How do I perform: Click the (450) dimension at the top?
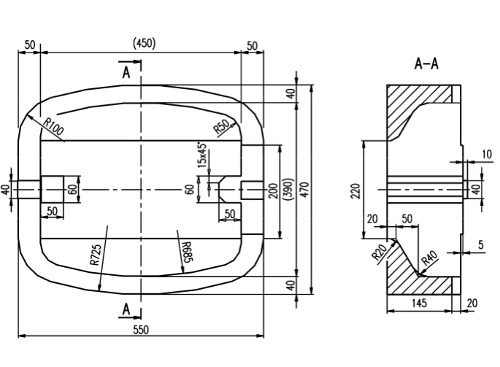tap(144, 43)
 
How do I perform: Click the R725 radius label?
tap(96, 254)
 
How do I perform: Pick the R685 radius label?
tap(187, 250)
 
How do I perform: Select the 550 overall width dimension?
tap(141, 330)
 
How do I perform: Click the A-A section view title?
tap(426, 64)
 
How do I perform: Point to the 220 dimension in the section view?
tap(355, 190)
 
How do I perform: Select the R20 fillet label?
tap(378, 253)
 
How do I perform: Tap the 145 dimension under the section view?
tap(418, 302)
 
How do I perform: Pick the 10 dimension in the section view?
tap(487, 154)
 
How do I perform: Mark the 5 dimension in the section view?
tap(480, 245)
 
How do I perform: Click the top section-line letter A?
tap(126, 72)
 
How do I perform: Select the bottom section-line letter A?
tap(126, 310)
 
